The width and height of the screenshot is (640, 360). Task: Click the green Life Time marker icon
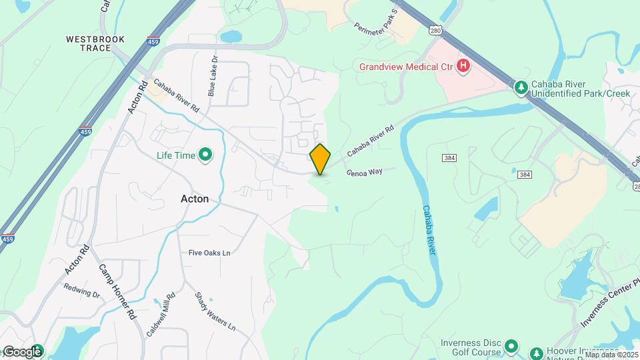(x=206, y=156)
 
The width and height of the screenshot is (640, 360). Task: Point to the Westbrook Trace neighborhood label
(x=95, y=43)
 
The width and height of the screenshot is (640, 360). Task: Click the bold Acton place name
(x=195, y=199)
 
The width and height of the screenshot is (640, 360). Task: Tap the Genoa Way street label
(x=364, y=172)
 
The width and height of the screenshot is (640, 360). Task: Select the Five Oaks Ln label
(x=209, y=253)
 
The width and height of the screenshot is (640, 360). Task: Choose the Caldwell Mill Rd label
(x=162, y=313)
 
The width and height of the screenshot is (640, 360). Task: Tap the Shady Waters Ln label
(x=215, y=311)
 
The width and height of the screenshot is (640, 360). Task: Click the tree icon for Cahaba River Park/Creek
(x=521, y=87)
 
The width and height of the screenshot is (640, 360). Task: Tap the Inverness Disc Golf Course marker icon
(x=511, y=345)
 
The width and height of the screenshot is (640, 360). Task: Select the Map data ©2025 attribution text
(x=611, y=355)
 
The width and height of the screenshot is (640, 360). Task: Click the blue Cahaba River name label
(x=429, y=230)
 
